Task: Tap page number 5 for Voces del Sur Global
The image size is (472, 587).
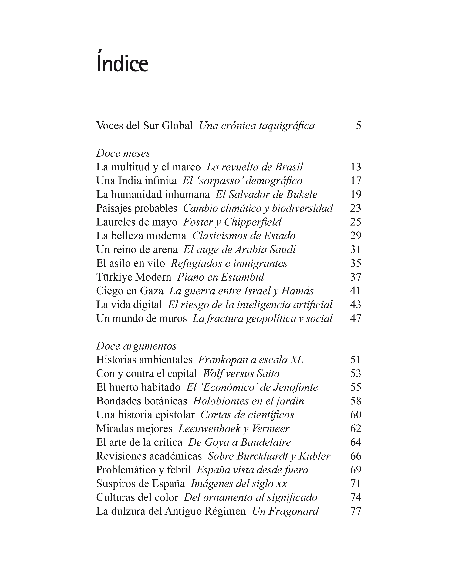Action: tap(358, 125)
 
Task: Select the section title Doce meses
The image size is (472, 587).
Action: tap(123, 153)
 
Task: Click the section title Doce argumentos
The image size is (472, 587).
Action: tap(136, 346)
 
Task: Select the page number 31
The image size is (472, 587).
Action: tap(356, 250)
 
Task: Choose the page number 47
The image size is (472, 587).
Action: tap(356, 319)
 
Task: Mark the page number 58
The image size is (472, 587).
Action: tap(356, 401)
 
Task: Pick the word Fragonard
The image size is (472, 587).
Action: tap(294, 511)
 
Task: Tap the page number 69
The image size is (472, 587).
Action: tap(356, 470)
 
